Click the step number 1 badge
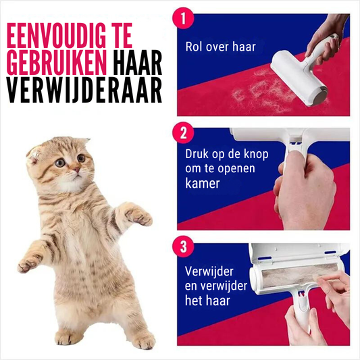[183, 18]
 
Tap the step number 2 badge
[183, 133]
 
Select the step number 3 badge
[183, 247]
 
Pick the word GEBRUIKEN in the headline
[57, 63]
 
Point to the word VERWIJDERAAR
[84, 90]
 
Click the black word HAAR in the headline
[138, 63]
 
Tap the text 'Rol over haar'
[220, 47]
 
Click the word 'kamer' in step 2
[202, 183]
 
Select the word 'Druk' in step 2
[197, 154]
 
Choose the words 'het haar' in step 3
[207, 301]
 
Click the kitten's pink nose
[77, 170]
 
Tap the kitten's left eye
[60, 163]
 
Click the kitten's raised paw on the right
[139, 217]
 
